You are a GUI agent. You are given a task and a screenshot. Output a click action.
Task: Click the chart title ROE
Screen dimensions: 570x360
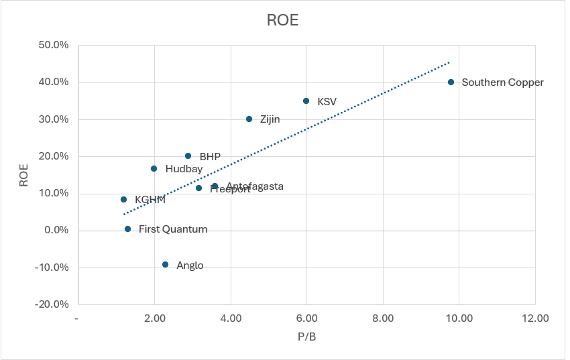coord(282,20)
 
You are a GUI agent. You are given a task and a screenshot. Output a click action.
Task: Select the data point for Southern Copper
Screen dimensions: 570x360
coord(451,82)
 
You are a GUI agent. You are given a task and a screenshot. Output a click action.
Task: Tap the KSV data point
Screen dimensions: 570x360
coord(306,101)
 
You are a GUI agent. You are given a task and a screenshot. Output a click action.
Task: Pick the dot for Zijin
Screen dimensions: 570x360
coord(249,119)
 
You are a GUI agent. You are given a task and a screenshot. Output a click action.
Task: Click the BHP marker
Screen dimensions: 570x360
coord(188,156)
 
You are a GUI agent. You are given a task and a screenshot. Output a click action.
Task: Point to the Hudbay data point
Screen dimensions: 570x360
coord(154,168)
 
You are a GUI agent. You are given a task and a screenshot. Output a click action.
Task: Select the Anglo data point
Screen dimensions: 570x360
coord(165,264)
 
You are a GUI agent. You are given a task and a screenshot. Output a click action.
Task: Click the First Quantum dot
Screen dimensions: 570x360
coord(127,229)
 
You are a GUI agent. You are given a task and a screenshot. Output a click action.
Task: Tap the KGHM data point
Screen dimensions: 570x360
coord(123,199)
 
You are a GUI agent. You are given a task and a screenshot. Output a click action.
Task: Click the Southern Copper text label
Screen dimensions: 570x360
coord(502,82)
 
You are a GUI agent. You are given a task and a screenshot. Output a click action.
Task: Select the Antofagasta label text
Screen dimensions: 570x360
coord(254,186)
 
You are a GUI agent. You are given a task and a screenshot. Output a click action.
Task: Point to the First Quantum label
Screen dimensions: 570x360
coord(173,229)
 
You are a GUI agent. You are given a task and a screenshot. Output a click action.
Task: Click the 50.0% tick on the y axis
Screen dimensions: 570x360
coord(54,45)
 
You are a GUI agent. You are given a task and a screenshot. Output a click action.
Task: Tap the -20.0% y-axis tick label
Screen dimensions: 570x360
coord(52,304)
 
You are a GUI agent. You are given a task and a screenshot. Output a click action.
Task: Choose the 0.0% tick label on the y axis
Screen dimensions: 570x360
coord(56,230)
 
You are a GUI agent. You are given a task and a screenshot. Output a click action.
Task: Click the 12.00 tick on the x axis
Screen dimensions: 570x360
coord(535,318)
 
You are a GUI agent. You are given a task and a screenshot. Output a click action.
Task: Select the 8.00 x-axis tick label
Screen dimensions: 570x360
coord(383,318)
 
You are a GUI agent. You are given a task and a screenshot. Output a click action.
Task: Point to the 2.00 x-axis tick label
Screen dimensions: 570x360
coord(154,318)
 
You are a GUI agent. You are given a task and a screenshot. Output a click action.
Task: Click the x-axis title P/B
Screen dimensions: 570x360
coord(307,337)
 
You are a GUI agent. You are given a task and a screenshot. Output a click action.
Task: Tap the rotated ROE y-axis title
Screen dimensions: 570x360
coord(23,175)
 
